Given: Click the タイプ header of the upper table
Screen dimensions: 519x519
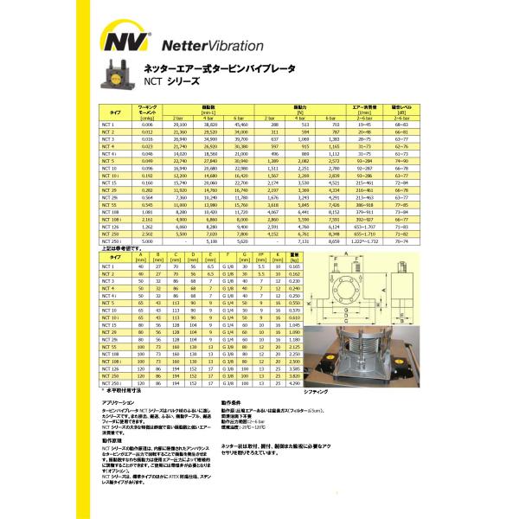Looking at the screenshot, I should pos(111,113).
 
